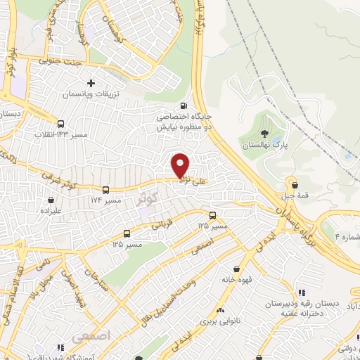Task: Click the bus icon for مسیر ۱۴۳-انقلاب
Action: coord(60,122)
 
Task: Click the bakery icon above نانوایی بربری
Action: coord(220,310)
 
